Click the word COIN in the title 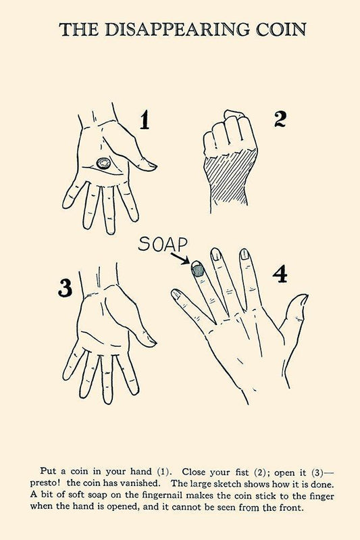coord(281,30)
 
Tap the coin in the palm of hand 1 coord(103,163)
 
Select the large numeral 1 coord(145,120)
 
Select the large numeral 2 coord(280,119)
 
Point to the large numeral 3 coord(65,287)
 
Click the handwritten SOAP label coord(163,244)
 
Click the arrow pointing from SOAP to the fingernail coord(180,258)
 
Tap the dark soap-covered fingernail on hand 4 coord(198,269)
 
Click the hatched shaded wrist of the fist coord(230,179)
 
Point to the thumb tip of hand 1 coord(151,166)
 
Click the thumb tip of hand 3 coord(151,342)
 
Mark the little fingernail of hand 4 coord(176,294)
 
